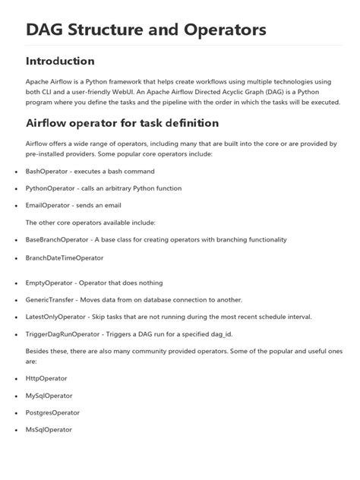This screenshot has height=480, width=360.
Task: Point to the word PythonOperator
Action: (51, 188)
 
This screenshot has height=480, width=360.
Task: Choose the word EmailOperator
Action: (49, 205)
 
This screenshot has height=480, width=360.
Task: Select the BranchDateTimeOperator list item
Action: (65, 257)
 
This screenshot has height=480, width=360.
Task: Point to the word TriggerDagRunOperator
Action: (62, 333)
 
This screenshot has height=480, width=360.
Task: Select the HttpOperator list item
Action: (47, 379)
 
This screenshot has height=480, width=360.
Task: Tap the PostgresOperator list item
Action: (52, 412)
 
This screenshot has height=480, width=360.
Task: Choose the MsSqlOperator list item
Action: (49, 429)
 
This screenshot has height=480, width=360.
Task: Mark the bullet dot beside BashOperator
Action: (16, 172)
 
